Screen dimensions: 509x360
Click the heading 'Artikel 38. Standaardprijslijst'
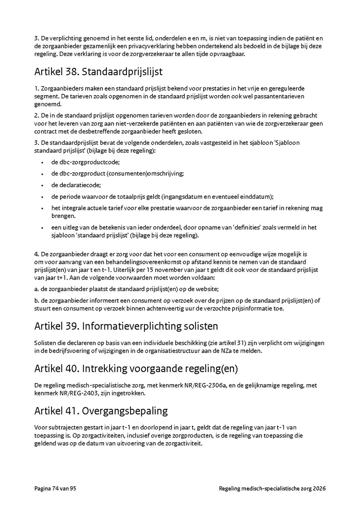pyautogui.click(x=98, y=72)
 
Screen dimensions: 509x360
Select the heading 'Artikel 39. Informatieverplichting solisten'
pyautogui.click(x=126, y=326)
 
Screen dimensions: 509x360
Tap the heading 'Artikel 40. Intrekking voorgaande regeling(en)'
pyautogui.click(x=136, y=369)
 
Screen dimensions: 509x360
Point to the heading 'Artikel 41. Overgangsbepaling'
pyautogui.click(x=101, y=411)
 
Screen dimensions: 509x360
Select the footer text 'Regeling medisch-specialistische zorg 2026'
pyautogui.click(x=272, y=489)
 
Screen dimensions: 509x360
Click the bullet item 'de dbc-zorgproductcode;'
pyautogui.click(x=85, y=162)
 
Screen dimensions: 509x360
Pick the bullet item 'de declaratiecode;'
pyautogui.click(x=76, y=185)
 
